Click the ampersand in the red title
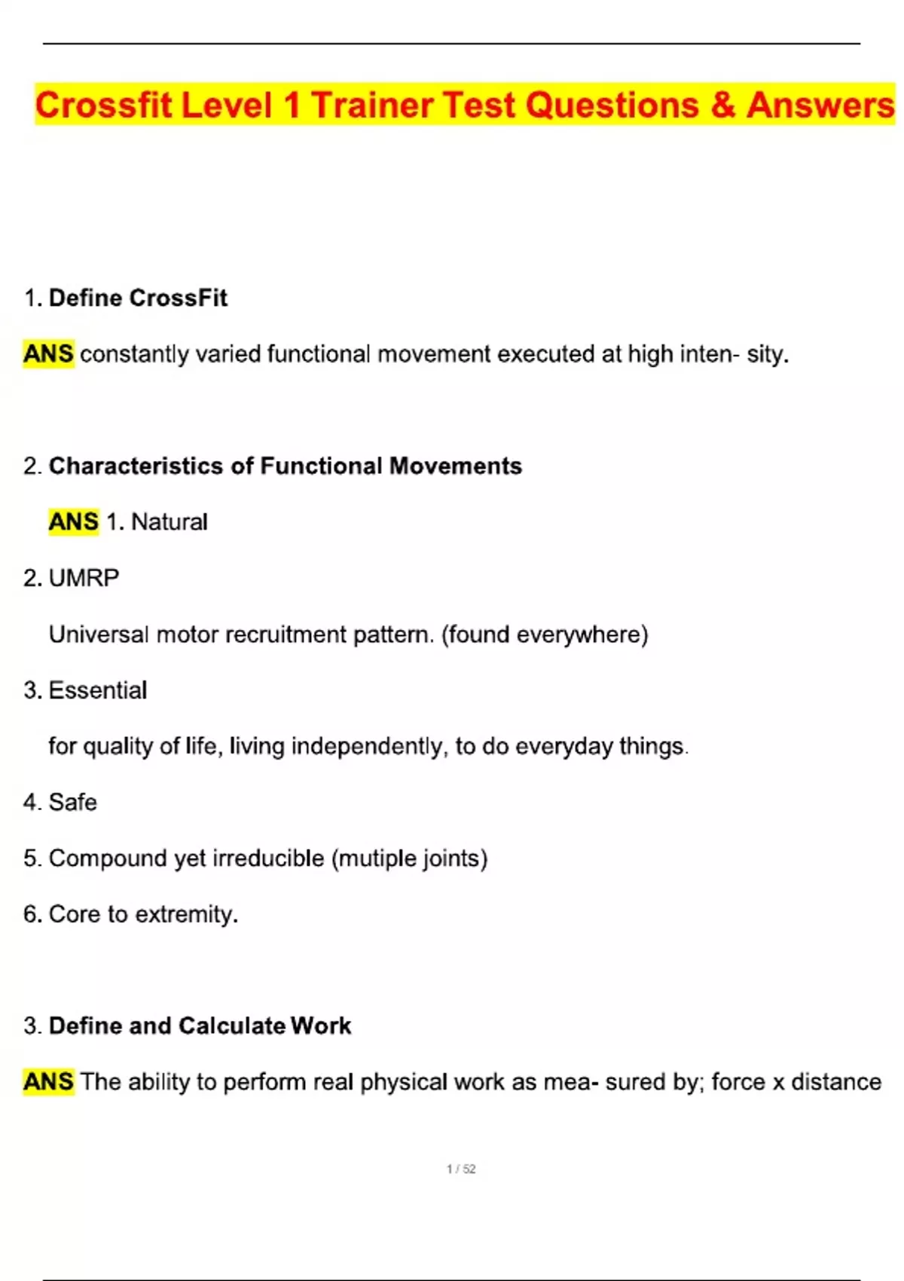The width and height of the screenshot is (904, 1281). click(x=722, y=105)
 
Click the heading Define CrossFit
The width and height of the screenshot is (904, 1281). click(x=138, y=298)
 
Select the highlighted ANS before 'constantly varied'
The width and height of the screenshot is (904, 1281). click(x=48, y=353)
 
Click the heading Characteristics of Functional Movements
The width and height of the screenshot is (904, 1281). click(x=285, y=466)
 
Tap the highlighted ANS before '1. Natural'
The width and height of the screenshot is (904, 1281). click(x=73, y=521)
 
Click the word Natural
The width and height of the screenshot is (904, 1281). click(x=169, y=521)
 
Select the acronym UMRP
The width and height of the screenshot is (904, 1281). click(x=84, y=578)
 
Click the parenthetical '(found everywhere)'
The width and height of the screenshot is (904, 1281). click(x=545, y=634)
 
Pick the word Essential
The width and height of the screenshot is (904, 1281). click(x=98, y=690)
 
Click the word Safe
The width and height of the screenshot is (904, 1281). click(x=73, y=802)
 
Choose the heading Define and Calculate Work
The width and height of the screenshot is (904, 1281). click(x=200, y=1026)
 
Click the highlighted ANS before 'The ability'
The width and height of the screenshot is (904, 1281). click(x=48, y=1082)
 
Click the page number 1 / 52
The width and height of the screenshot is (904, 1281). click(x=461, y=1169)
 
